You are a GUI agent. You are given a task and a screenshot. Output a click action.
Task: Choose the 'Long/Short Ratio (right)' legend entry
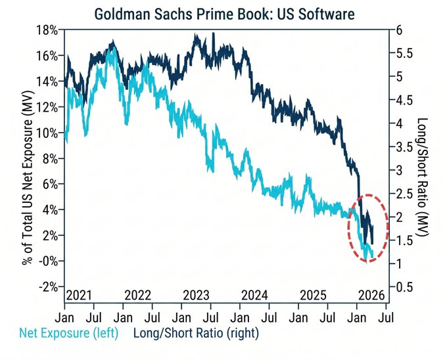tap(197, 333)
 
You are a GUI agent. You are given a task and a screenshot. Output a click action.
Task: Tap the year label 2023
tap(197, 295)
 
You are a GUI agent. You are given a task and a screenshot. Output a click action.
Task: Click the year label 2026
tap(371, 295)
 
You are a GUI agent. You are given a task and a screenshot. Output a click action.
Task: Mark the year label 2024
tap(255, 295)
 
